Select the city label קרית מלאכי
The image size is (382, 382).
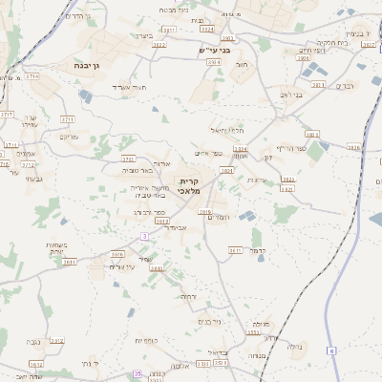(190, 187)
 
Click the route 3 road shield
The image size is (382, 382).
(143, 236)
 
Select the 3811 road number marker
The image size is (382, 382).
(234, 250)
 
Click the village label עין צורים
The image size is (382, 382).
(122, 266)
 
